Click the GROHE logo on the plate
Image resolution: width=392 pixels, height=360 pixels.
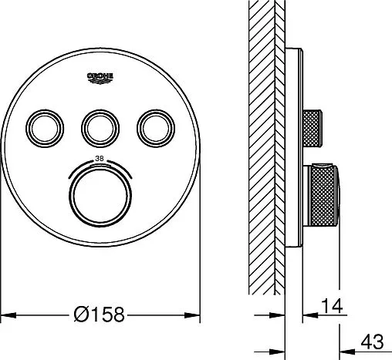100,78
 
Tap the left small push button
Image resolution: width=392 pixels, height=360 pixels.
45,129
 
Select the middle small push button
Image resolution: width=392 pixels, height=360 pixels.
100,129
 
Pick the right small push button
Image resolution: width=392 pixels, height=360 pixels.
156,129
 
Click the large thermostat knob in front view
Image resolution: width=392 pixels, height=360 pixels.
100,196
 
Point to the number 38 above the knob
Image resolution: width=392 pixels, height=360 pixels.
100,159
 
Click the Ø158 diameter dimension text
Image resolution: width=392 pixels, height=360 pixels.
99,315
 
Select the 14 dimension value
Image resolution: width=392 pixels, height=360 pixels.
332,306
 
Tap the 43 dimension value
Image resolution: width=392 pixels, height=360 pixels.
372,341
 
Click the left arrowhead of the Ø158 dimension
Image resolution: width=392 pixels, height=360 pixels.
8,315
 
